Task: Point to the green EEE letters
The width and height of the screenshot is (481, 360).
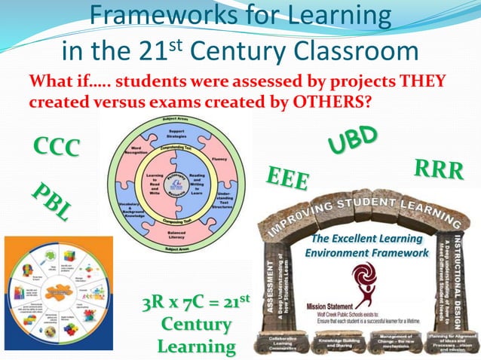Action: tap(287, 178)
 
